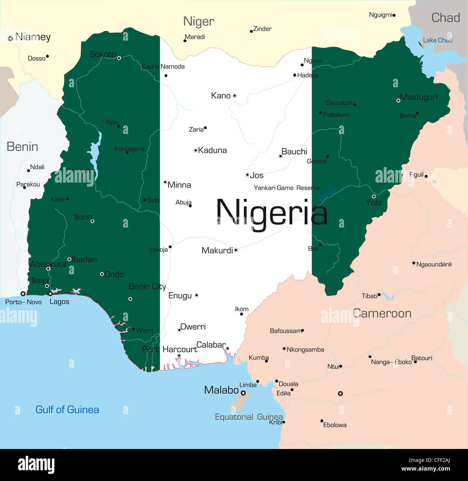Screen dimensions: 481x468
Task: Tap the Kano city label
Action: pyautogui.click(x=221, y=96)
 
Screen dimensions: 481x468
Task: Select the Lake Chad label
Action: pyautogui.click(x=437, y=40)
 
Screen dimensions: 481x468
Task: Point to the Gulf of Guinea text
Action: pyautogui.click(x=67, y=410)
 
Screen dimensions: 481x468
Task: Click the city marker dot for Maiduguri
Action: pyautogui.click(x=398, y=101)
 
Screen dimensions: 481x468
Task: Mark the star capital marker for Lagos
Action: pyautogui.click(x=50, y=294)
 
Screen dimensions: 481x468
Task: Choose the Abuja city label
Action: pyautogui.click(x=183, y=202)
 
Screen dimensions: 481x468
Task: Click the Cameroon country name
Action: pyautogui.click(x=382, y=313)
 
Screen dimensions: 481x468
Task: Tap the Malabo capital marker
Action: pyautogui.click(x=243, y=393)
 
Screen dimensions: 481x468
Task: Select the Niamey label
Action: pyautogui.click(x=33, y=37)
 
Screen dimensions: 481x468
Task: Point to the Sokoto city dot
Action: pyautogui.click(x=119, y=58)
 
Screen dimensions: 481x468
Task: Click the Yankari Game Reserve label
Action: pyautogui.click(x=287, y=188)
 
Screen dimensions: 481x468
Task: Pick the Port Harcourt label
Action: pyautogui.click(x=170, y=349)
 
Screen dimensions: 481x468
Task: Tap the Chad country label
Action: pyautogui.click(x=446, y=18)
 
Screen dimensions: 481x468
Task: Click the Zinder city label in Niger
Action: pyautogui.click(x=262, y=29)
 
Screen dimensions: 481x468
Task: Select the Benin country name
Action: pyautogui.click(x=22, y=147)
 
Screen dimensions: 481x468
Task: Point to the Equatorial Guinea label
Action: pyautogui.click(x=249, y=417)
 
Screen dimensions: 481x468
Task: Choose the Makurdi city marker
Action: pyautogui.click(x=236, y=250)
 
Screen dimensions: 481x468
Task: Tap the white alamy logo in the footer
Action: pyautogui.click(x=36, y=465)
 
